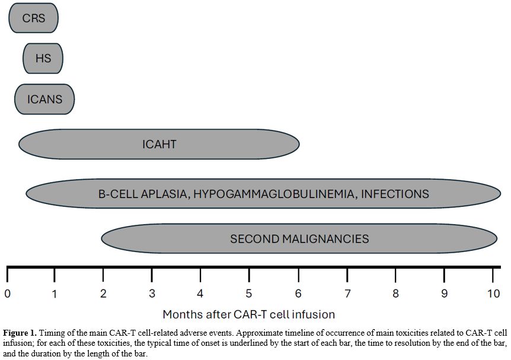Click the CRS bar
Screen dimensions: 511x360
pos(34,18)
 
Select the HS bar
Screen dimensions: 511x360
pos(43,58)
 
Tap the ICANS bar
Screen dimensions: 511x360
pos(44,99)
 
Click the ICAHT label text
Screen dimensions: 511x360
pos(159,144)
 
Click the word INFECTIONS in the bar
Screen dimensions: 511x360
pos(395,194)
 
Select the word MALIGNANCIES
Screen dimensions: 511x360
pos(325,238)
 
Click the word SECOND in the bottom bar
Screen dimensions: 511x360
pos(254,238)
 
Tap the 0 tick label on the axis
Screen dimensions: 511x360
pos(7,294)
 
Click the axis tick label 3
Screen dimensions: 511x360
pos(152,294)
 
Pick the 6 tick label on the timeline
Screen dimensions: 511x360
pos(298,294)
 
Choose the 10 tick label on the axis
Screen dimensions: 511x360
pos(493,294)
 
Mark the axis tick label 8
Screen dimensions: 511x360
pos(395,294)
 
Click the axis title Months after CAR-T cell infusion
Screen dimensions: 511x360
pos(248,314)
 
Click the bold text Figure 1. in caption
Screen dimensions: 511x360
pos(20,333)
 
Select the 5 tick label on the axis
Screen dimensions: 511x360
pos(249,294)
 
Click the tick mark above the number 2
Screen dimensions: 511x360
pos(103,275)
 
